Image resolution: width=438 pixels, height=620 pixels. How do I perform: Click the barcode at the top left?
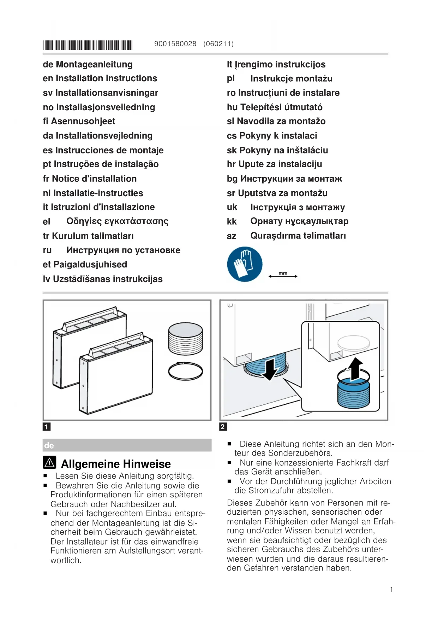coord(88,45)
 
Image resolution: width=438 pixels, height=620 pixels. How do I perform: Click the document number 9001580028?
coord(175,44)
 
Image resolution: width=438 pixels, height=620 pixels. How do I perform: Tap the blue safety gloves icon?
coord(245,264)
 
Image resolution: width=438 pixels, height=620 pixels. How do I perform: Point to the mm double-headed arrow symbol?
coord(283,275)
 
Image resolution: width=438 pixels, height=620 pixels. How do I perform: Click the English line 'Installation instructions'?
coord(100,78)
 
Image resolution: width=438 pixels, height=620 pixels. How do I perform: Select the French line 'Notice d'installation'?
coord(90,179)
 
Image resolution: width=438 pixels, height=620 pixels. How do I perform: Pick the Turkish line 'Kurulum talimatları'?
coord(88,236)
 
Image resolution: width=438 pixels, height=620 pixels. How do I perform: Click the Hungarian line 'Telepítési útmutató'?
coord(275,107)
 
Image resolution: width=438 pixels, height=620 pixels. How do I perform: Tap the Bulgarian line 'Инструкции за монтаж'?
coord(284,179)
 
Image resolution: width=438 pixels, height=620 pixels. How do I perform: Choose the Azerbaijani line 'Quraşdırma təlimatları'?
coord(286,236)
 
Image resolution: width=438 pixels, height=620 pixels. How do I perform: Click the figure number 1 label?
coord(46,427)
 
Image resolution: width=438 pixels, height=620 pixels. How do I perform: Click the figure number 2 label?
coord(223,427)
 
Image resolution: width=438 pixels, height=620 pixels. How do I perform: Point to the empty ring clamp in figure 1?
coord(185,371)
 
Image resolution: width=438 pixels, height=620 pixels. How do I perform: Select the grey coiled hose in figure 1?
coord(186,339)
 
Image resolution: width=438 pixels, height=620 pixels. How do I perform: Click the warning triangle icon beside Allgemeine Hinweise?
coord(50,462)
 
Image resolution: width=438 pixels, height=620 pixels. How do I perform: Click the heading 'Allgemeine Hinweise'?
coord(116,464)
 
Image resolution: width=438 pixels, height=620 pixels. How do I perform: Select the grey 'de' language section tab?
coord(127,445)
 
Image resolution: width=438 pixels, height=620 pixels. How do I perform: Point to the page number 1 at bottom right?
coord(391,589)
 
